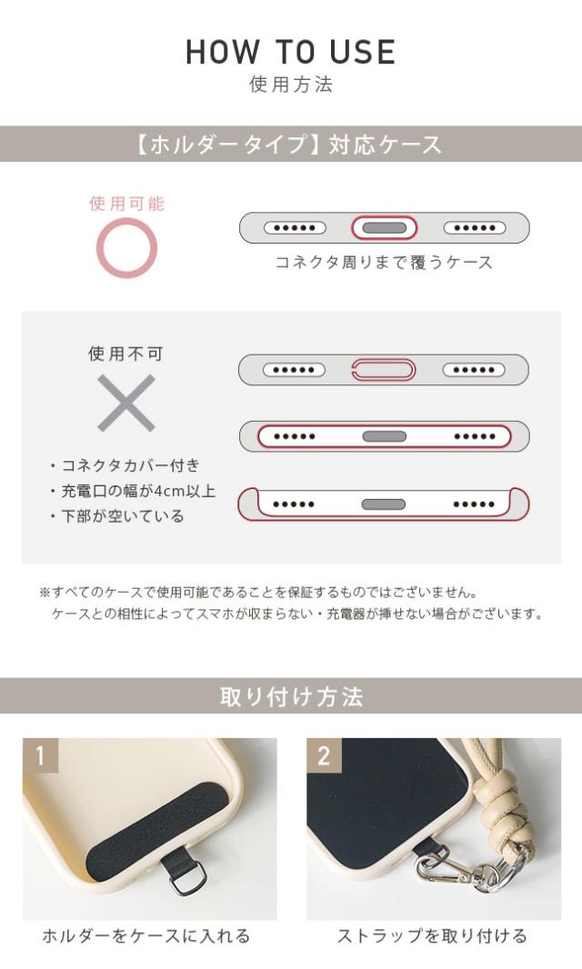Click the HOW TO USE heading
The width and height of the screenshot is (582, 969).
coord(291,52)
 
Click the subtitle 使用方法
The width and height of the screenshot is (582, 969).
coord(291,85)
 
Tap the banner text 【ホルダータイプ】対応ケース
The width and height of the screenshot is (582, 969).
coord(291,145)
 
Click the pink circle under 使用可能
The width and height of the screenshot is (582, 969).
coord(127,247)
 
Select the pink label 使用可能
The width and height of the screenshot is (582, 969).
coord(127,204)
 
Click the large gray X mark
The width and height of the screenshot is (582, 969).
coord(126,403)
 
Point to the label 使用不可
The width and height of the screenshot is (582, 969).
coord(126,354)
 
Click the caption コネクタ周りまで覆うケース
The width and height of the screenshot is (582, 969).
coord(384,263)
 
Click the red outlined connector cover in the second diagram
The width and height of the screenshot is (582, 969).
coord(383,370)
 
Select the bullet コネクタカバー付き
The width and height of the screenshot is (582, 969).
coord(125,465)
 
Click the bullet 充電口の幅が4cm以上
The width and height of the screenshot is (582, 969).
coord(132,491)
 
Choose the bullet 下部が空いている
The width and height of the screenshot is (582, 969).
coord(116,516)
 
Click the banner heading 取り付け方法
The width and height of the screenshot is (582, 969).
coord(291,697)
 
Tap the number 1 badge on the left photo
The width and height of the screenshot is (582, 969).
coord(40,755)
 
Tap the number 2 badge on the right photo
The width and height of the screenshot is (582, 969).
coord(324,755)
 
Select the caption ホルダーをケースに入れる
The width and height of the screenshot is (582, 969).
coord(146,936)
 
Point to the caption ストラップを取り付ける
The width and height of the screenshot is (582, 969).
coord(432,936)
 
